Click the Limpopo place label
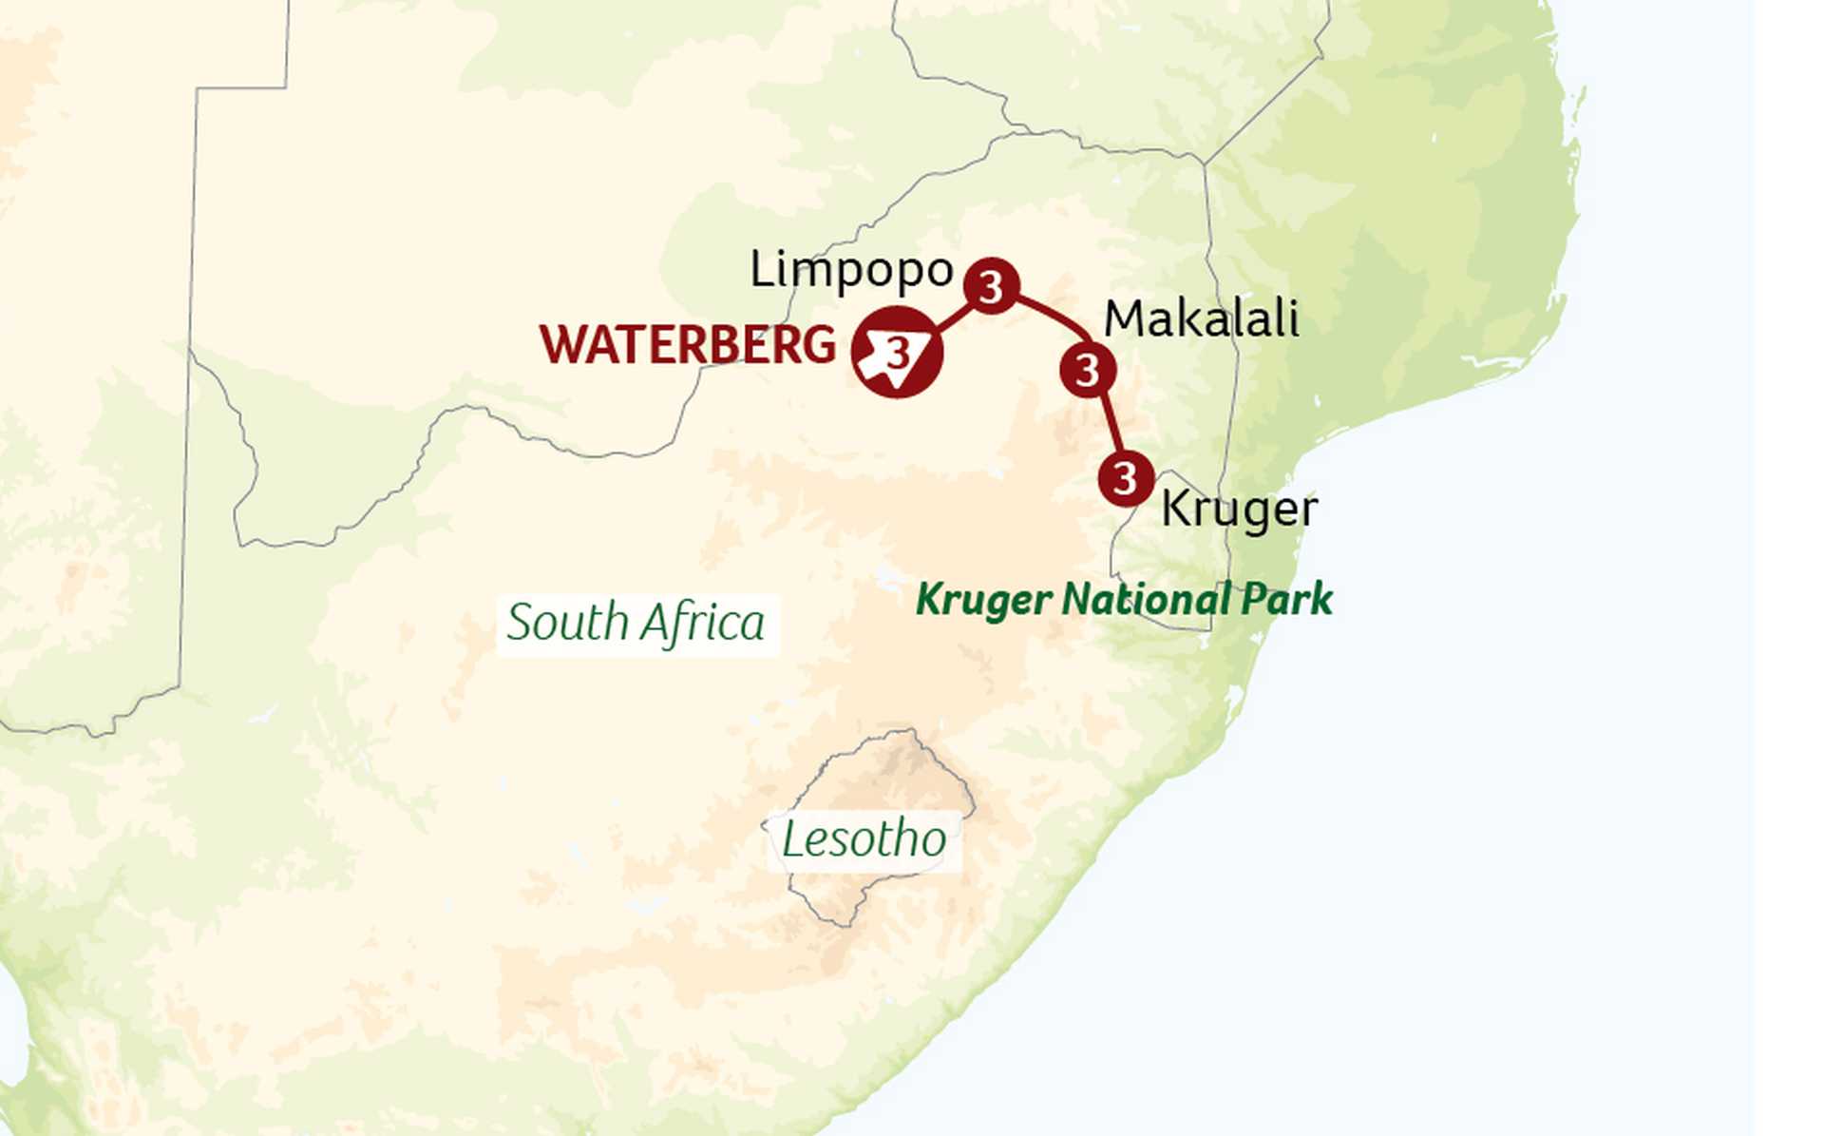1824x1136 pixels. pos(851,271)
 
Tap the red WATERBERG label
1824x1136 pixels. pos(687,344)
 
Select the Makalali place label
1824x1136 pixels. pos(1201,319)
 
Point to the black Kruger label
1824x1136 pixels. pos(1239,510)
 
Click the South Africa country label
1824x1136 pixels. pos(636,624)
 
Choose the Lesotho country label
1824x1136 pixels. pos(864,839)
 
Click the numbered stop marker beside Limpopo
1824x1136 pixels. pos(992,286)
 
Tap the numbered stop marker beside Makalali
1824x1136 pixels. pos(1088,370)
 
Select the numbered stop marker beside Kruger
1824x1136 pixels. pos(1126,478)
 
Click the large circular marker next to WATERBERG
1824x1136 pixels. pos(898,352)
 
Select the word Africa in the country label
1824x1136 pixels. pos(702,624)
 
